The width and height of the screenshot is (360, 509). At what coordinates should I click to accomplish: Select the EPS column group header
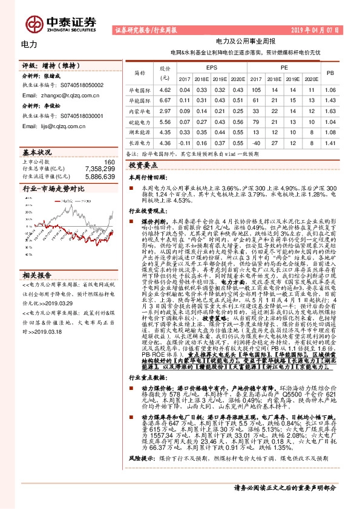pos(212,68)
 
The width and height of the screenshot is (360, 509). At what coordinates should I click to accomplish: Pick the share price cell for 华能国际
pos(165,100)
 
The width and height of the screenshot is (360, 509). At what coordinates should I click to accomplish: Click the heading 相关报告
pos(36,256)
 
